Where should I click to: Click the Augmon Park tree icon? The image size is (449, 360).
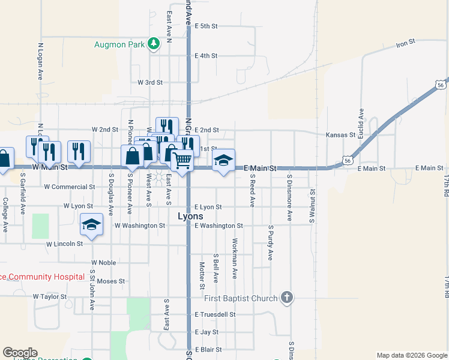pyautogui.click(x=154, y=43)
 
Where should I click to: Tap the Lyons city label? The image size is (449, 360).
pyautogui.click(x=190, y=216)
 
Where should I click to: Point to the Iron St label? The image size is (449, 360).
pyautogui.click(x=406, y=43)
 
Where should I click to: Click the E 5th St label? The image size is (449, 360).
pyautogui.click(x=206, y=26)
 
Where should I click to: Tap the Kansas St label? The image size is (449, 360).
pyautogui.click(x=340, y=136)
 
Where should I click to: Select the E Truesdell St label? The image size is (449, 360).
pyautogui.click(x=215, y=314)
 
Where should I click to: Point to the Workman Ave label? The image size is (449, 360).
pyautogui.click(x=235, y=258)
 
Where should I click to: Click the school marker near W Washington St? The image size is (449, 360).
pyautogui.click(x=91, y=225)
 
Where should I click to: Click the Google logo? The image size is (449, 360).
pyautogui.click(x=20, y=353)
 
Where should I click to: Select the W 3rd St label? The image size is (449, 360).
pyautogui.click(x=150, y=82)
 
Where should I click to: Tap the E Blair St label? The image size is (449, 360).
pyautogui.click(x=208, y=349)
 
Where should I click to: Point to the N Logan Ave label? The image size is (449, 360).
pyautogui.click(x=41, y=61)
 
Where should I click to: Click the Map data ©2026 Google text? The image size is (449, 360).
pyautogui.click(x=411, y=355)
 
